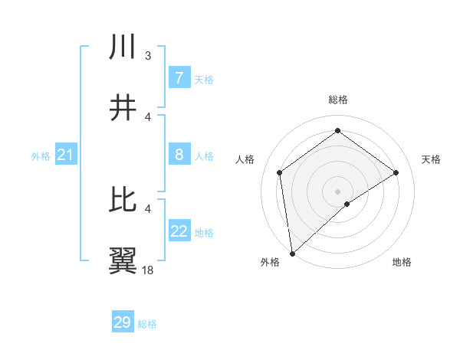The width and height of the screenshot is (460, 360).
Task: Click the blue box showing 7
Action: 179,77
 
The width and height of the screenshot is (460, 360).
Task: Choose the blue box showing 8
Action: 179,155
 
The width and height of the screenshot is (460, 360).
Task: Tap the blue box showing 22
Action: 179,231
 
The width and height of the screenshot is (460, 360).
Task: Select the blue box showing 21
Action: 65,155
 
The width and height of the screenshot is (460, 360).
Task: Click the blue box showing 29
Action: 123,322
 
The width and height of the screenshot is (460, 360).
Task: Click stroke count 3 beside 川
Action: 148,55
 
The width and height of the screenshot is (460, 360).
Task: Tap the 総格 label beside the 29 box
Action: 147,324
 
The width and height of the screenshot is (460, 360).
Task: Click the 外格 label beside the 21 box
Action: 41,156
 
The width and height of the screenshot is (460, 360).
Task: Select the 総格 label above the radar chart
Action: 338,100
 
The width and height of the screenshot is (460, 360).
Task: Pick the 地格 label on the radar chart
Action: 402,262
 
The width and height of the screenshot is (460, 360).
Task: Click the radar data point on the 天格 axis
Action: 396,172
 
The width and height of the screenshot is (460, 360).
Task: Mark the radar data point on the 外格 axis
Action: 291,253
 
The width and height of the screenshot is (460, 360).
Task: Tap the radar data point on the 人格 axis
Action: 280,172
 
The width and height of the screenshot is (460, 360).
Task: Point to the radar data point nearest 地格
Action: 348,204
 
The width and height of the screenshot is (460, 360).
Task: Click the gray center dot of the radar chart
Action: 338,191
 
